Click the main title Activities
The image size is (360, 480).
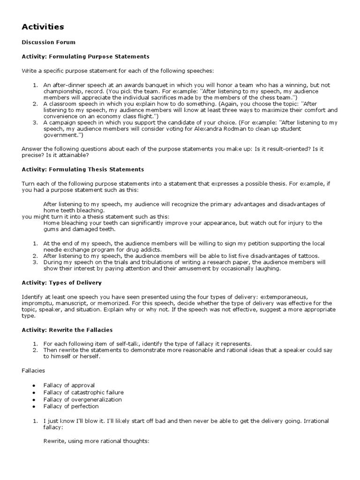43,27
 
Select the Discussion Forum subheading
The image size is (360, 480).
48,42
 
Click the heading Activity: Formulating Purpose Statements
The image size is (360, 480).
85,56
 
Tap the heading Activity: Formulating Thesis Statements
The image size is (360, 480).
83,169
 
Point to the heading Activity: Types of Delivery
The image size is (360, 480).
61,283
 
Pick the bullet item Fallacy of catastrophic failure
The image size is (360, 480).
83,392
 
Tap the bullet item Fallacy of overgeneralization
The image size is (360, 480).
82,399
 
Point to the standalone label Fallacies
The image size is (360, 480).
33,370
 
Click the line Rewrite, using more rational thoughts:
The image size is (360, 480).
96,441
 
